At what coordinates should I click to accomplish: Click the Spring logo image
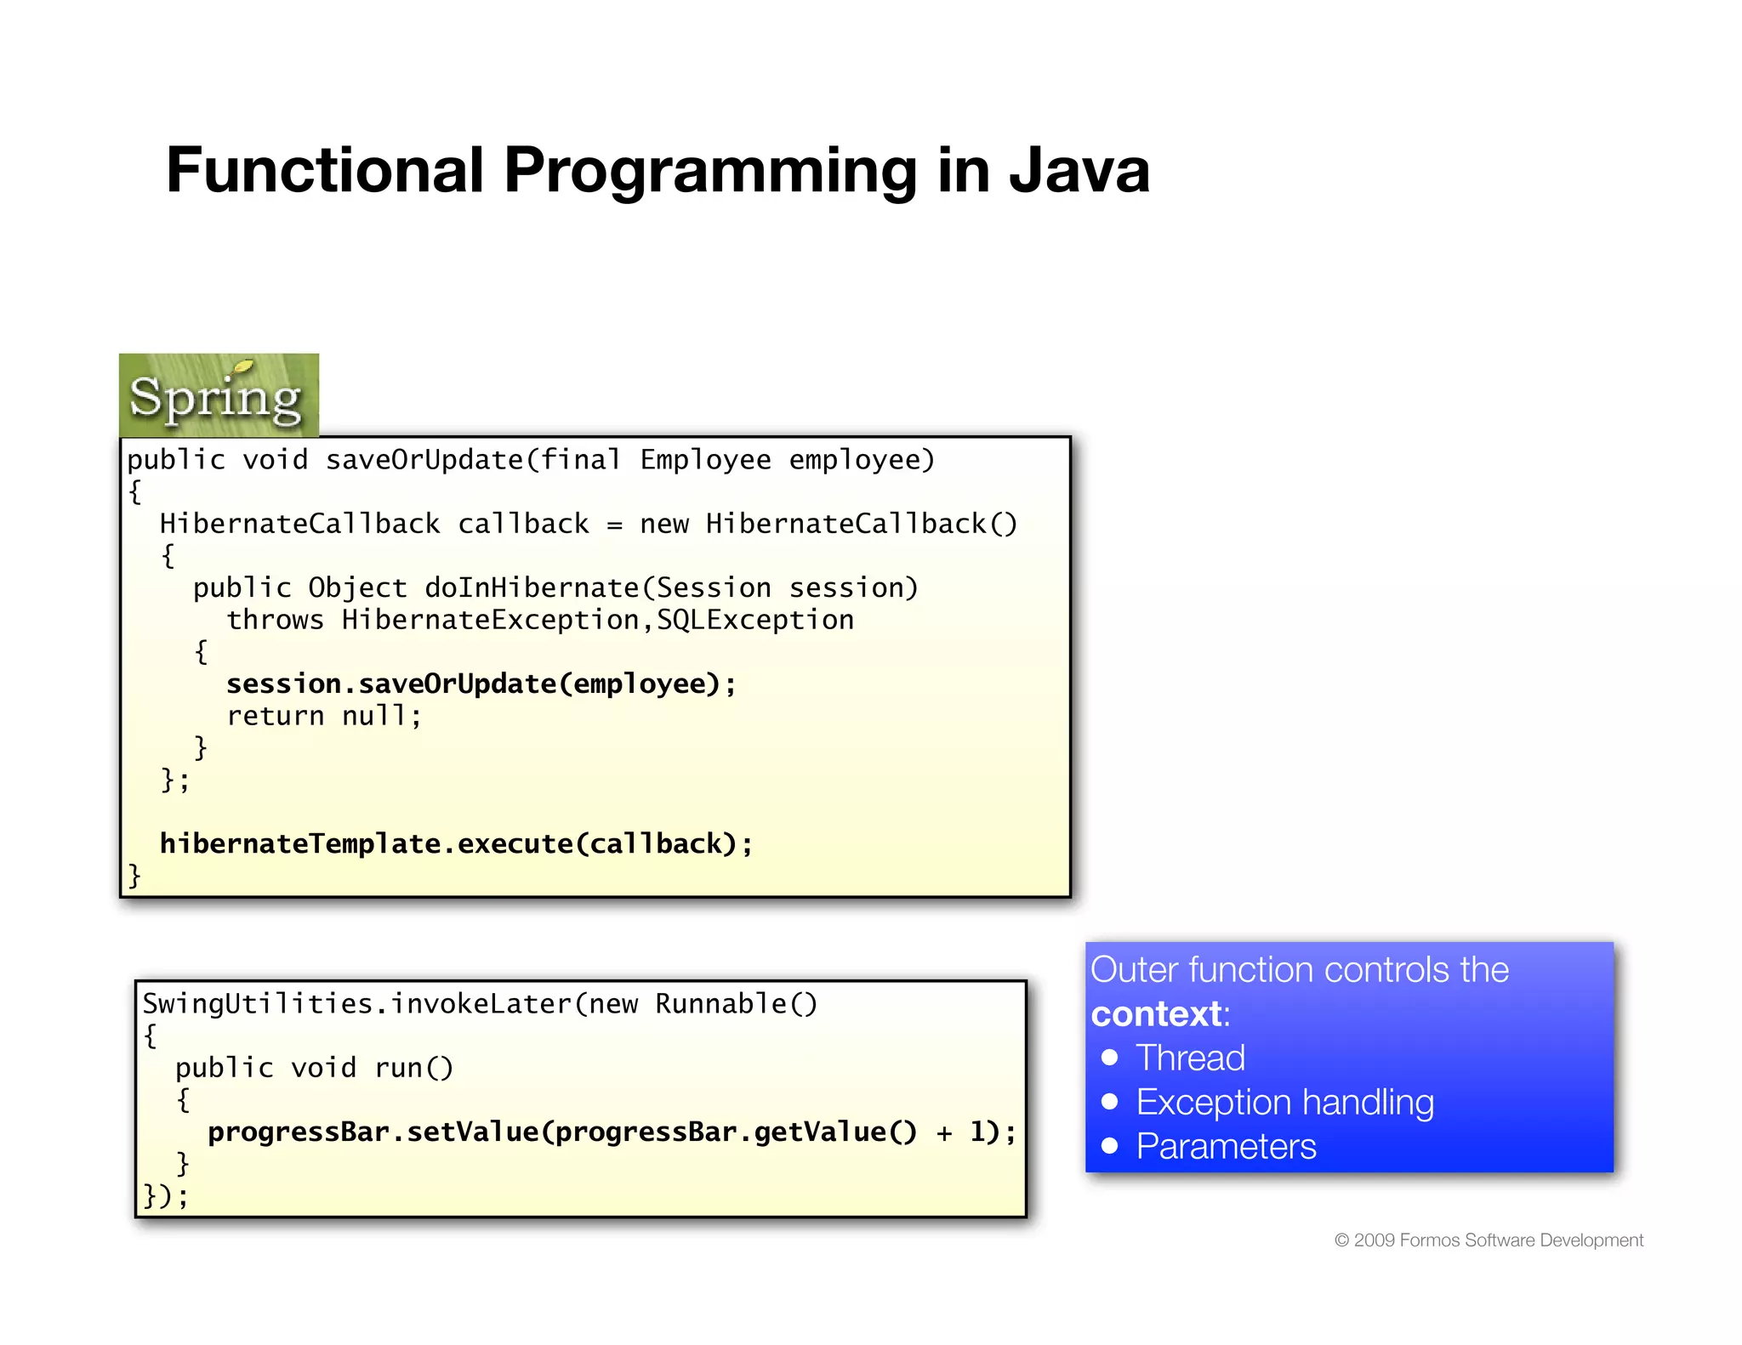(x=219, y=395)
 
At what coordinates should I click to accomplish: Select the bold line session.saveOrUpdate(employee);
(x=481, y=684)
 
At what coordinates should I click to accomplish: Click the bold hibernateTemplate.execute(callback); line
(x=456, y=843)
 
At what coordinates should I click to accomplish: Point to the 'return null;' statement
(x=323, y=716)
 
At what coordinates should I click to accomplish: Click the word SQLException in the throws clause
(x=754, y=620)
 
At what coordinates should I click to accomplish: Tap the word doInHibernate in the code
(x=531, y=587)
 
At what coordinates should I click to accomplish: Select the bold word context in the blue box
(x=1156, y=1014)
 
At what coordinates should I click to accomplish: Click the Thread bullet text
(x=1190, y=1058)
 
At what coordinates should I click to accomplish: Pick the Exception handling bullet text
(x=1284, y=1103)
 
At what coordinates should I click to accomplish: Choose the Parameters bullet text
(x=1226, y=1147)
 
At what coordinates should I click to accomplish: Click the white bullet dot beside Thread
(x=1109, y=1058)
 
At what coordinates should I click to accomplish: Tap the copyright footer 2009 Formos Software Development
(x=1489, y=1240)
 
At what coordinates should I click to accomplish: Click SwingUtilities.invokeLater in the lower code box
(x=356, y=1004)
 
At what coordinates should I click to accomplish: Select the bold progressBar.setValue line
(x=612, y=1132)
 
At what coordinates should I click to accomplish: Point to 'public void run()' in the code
(x=314, y=1068)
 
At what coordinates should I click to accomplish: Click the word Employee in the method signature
(x=705, y=460)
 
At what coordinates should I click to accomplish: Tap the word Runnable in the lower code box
(x=720, y=1004)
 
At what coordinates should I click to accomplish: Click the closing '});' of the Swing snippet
(x=165, y=1196)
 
